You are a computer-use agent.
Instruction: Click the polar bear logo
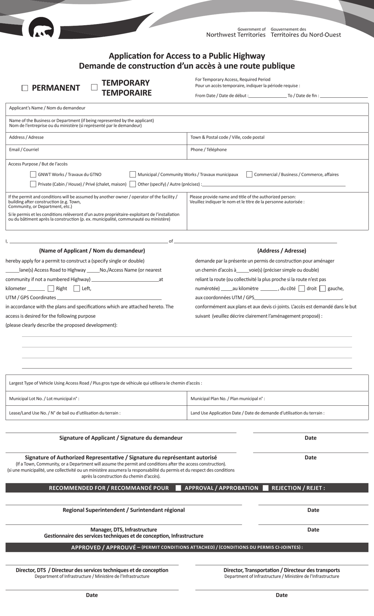click(41, 30)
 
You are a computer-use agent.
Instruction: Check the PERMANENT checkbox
click(25, 88)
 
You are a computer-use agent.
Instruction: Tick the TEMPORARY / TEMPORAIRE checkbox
click(94, 87)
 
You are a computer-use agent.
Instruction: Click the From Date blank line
click(267, 96)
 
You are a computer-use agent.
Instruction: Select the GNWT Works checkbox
click(33, 174)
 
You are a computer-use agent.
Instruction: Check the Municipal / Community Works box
click(133, 174)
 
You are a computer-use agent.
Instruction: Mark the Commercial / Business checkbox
click(249, 174)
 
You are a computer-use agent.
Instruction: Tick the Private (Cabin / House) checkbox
click(33, 184)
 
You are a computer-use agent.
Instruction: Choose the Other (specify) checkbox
click(133, 184)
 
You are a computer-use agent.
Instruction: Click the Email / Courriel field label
click(24, 150)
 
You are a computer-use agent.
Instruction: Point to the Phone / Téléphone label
click(208, 150)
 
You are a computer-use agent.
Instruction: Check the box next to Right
click(51, 288)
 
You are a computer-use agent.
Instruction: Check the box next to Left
click(77, 288)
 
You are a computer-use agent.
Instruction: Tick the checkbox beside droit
click(302, 288)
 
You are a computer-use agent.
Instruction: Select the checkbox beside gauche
click(322, 288)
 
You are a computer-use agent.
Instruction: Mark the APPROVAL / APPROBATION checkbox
click(178, 488)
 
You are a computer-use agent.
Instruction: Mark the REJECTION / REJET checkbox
click(266, 488)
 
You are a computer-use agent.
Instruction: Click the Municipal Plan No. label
click(228, 399)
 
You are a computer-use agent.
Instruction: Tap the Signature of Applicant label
click(121, 438)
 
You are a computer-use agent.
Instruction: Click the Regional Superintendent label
click(124, 510)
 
